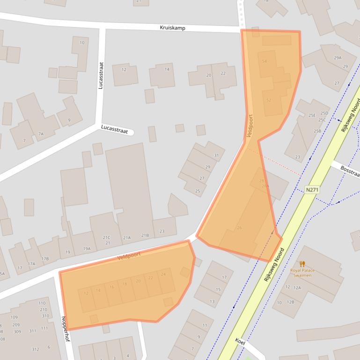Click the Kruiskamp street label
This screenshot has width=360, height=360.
(172, 28)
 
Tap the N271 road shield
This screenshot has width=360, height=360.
(312, 190)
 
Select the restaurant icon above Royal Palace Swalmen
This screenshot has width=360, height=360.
(302, 264)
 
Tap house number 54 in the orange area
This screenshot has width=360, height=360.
(264, 62)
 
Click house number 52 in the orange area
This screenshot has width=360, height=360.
(269, 100)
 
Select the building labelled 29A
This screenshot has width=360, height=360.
(338, 58)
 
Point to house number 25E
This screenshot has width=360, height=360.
(312, 115)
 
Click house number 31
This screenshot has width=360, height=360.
(216, 156)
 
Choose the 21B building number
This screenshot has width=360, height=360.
(145, 236)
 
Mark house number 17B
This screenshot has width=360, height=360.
(45, 259)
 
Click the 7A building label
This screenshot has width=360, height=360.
(41, 134)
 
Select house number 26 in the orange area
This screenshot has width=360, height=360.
(240, 228)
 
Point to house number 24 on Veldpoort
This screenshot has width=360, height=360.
(163, 274)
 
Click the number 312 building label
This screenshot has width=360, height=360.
(36, 349)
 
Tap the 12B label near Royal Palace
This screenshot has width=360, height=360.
(291, 302)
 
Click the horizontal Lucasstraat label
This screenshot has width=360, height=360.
(115, 129)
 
